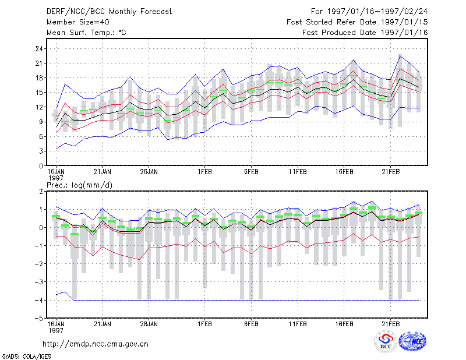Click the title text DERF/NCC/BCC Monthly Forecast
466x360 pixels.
(109, 12)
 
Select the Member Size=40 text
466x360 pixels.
(78, 22)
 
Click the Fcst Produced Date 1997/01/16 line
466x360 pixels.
(365, 33)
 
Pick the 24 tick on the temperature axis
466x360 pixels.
(39, 48)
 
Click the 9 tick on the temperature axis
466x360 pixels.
(41, 122)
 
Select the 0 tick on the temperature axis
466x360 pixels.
(41, 166)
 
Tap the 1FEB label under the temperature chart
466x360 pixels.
(204, 172)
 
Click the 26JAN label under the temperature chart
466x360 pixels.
(149, 172)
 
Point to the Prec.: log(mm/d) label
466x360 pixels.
(80, 185)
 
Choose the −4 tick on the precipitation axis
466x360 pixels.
(39, 300)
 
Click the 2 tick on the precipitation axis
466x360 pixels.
(41, 191)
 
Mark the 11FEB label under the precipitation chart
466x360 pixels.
(298, 324)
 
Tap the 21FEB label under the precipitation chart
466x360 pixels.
(390, 324)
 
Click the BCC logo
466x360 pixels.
(386, 341)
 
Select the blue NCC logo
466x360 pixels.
(412, 341)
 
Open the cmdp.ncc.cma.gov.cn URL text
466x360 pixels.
(96, 344)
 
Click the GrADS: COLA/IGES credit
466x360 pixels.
(26, 357)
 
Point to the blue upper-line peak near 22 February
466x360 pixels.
(400, 55)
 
